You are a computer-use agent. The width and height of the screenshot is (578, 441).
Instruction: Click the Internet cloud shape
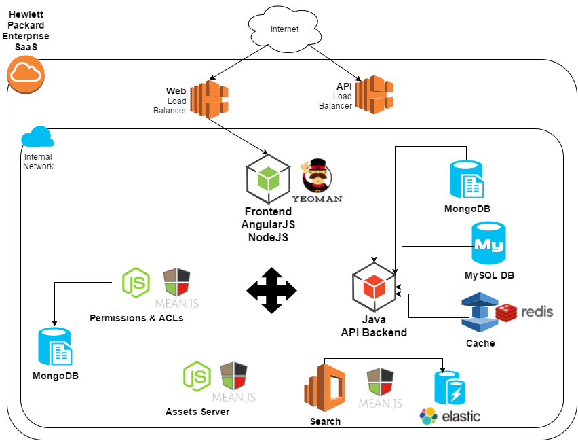click(x=284, y=29)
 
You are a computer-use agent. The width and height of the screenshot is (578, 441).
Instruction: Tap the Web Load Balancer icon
click(x=208, y=99)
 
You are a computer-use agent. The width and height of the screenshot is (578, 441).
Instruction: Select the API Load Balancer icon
click(x=374, y=94)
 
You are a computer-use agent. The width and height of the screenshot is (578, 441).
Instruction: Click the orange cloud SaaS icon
click(x=25, y=73)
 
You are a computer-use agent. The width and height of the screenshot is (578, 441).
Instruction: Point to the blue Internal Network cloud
click(x=37, y=137)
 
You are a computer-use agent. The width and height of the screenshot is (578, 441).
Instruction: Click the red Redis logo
click(x=524, y=313)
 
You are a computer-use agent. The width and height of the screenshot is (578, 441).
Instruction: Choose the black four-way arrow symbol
click(x=271, y=291)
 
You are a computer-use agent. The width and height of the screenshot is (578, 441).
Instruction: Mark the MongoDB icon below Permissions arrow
click(x=55, y=346)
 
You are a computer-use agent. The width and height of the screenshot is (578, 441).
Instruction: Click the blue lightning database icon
click(x=450, y=389)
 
